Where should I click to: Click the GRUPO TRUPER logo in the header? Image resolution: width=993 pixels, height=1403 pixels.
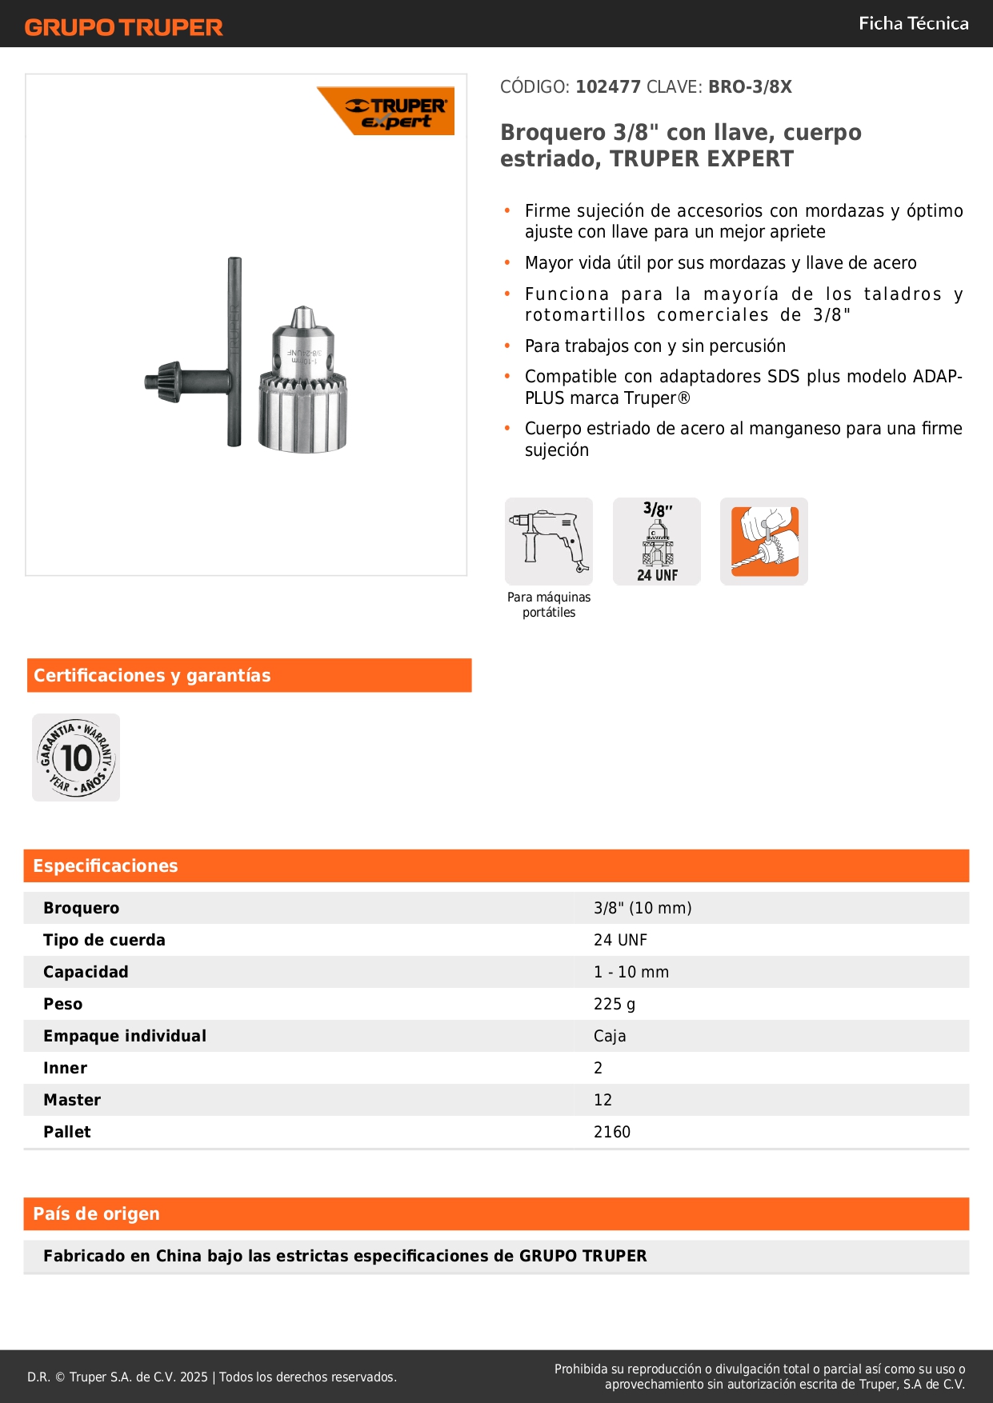click(x=123, y=27)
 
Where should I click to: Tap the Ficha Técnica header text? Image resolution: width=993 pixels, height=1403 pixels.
click(x=913, y=24)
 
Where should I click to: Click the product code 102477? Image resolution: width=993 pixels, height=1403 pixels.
click(x=607, y=87)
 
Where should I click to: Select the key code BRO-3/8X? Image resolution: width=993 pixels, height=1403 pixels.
click(x=750, y=87)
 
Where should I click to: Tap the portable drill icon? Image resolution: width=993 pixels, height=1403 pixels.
click(x=549, y=542)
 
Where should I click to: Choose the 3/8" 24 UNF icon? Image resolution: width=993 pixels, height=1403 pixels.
click(x=657, y=542)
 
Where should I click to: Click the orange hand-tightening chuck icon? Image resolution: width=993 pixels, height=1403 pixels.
click(x=764, y=542)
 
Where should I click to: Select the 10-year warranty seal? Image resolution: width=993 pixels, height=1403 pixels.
click(x=76, y=757)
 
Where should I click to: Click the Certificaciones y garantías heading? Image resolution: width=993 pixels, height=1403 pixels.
click(x=152, y=676)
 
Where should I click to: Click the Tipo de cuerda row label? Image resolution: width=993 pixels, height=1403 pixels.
click(x=104, y=940)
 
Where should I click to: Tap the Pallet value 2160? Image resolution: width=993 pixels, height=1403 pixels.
click(x=612, y=1132)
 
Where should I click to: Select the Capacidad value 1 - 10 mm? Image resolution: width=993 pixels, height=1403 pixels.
click(x=631, y=972)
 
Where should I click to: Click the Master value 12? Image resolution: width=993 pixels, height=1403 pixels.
click(x=603, y=1100)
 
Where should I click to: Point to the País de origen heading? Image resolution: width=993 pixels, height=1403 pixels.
click(x=96, y=1214)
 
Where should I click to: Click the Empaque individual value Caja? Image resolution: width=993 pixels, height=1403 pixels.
click(x=610, y=1036)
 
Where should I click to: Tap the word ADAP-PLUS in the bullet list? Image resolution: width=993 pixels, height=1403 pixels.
click(x=937, y=377)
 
